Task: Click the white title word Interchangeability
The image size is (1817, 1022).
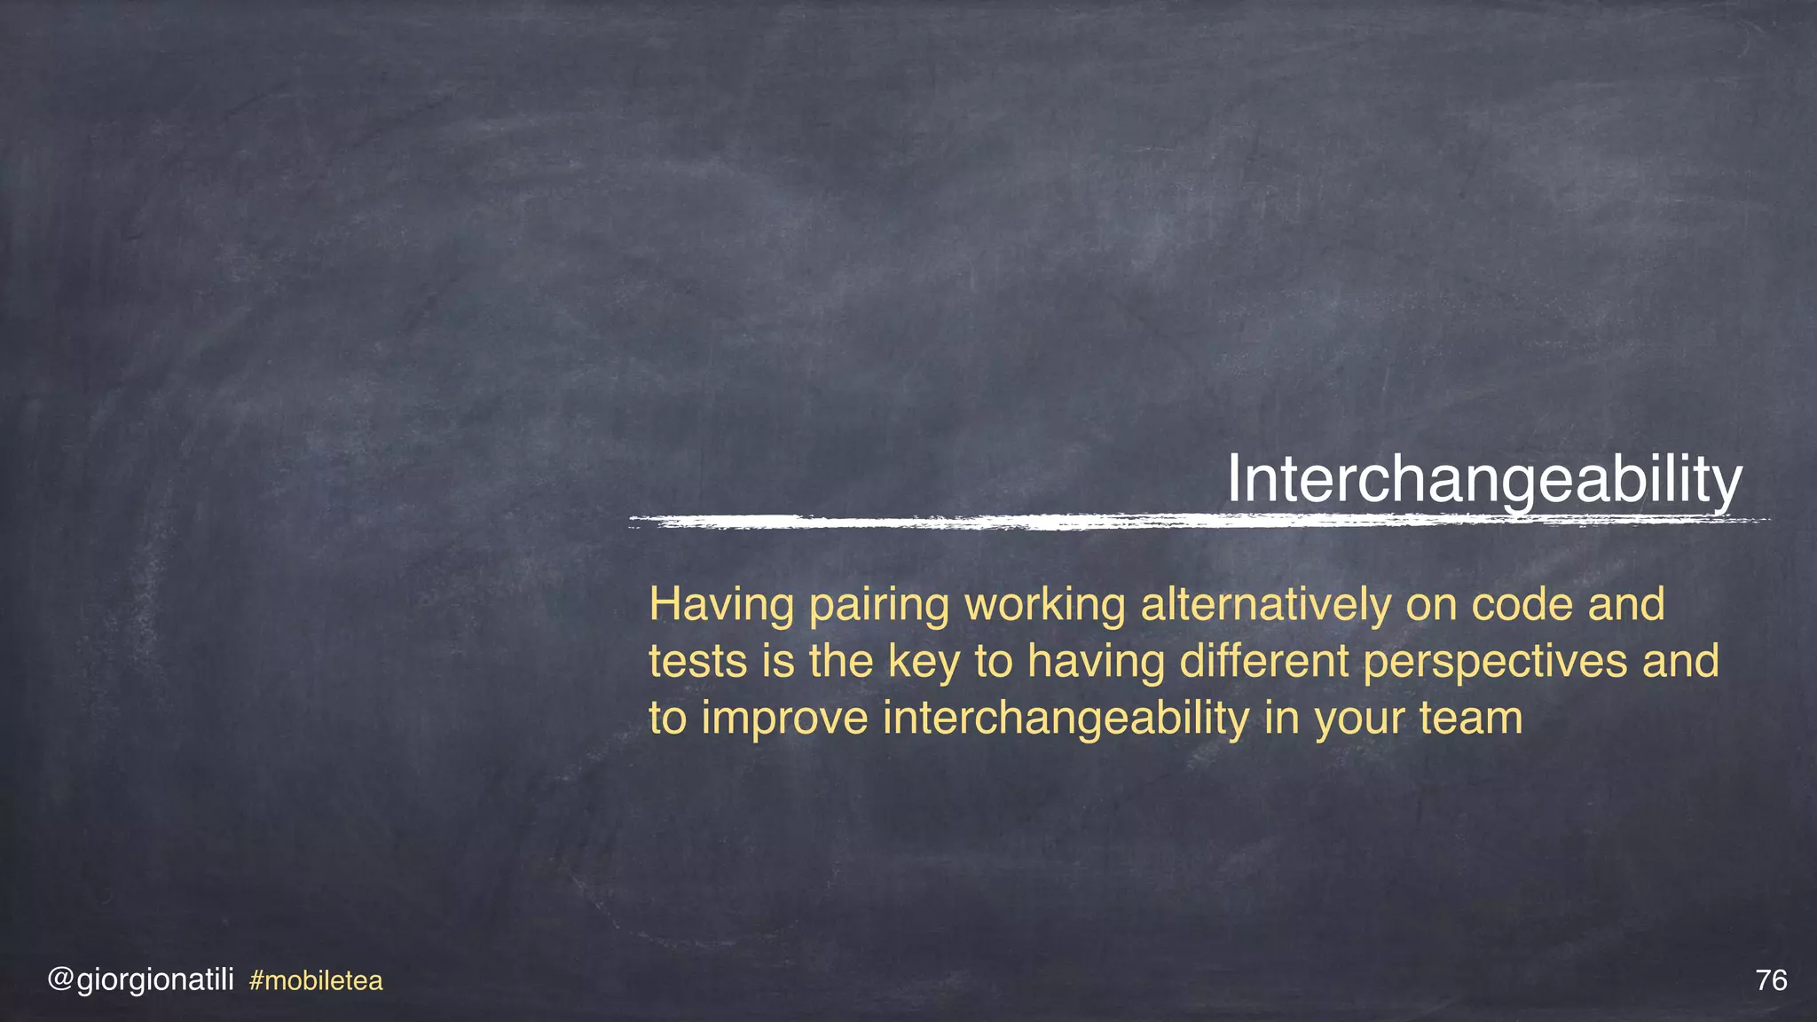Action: [1484, 481]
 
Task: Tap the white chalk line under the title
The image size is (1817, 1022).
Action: [1198, 522]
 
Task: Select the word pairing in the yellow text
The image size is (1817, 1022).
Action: [879, 607]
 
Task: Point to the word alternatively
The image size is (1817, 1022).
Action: [1265, 605]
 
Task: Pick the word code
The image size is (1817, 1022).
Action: [1522, 605]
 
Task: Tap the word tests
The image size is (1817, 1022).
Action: [697, 662]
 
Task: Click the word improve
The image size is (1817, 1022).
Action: [784, 719]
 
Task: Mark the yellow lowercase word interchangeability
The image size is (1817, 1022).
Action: [1066, 719]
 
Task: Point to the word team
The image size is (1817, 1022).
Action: [1471, 719]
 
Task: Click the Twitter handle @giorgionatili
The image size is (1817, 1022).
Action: [140, 980]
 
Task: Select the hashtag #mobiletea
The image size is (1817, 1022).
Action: [316, 981]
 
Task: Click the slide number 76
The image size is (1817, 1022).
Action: [1771, 980]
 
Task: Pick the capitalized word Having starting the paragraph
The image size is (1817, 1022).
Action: [721, 607]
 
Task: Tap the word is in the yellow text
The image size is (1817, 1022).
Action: [778, 662]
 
